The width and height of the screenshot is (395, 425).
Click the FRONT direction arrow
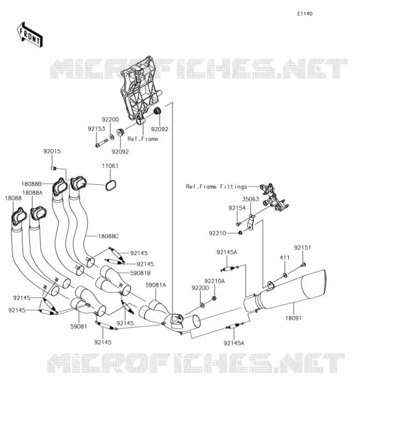[x=30, y=35]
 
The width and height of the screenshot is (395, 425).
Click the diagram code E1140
[x=305, y=14]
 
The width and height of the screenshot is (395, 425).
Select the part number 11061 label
[x=110, y=166]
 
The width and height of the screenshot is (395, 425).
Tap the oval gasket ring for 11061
[x=110, y=185]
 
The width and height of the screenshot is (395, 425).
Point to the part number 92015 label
[x=52, y=151]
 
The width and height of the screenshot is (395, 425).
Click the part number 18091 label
[x=294, y=318]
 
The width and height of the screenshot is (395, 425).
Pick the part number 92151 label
[x=303, y=248]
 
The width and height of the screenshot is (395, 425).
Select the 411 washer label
[x=285, y=258]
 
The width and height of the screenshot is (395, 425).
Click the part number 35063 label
[x=251, y=199]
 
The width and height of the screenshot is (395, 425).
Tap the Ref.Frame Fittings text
[x=217, y=186]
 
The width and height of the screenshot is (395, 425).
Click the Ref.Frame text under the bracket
[x=143, y=139]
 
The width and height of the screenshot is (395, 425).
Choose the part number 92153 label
[x=96, y=129]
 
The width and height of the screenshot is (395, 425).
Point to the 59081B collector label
[x=140, y=273]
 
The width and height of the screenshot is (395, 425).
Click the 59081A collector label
[x=156, y=285]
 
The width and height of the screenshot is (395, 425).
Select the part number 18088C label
[x=108, y=236]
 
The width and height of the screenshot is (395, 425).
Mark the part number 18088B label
[x=31, y=184]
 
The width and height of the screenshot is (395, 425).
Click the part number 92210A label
[x=214, y=281]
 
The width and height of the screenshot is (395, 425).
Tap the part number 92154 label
[x=237, y=208]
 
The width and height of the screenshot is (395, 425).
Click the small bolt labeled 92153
[x=101, y=143]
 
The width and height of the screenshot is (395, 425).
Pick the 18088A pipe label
[x=32, y=193]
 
